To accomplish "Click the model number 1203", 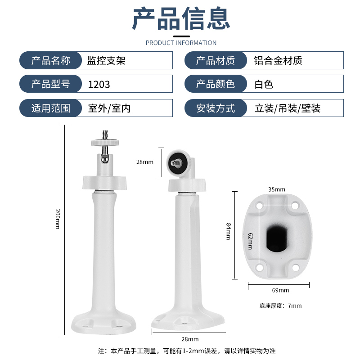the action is coord(99,85).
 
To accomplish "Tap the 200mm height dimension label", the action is coord(58,219).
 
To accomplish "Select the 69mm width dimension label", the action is coord(280,290).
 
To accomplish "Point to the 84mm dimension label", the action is coord(229,231).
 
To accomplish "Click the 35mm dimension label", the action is coord(277,189).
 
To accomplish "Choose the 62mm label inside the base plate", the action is coord(251,241).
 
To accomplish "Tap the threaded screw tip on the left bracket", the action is coord(105,135).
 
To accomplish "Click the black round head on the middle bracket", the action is coord(176,163).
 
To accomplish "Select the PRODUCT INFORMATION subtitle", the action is coord(181,43).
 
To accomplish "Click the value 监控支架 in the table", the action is coord(106,61).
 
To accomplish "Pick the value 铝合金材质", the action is coord(278,61).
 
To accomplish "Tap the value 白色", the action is coord(264,85).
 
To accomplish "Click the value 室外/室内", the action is coord(109,108).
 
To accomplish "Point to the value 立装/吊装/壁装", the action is coord(288,108).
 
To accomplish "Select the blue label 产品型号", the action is coord(51,84).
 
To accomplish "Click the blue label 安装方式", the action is coord(216,108).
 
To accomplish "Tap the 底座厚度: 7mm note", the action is coord(280,306).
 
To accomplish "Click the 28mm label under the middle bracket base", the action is coord(190,339).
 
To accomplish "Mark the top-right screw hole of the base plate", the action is coord(295,205).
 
